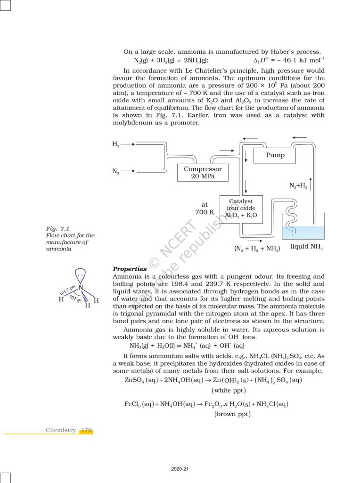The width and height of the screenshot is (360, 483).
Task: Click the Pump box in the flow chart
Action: coord(275,155)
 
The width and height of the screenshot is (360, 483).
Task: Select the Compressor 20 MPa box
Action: coord(203,173)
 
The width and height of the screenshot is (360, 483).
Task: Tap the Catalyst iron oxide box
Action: coord(241,208)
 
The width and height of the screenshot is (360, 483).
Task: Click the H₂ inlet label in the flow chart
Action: coord(116,144)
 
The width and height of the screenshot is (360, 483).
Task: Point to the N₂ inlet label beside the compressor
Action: coord(116,171)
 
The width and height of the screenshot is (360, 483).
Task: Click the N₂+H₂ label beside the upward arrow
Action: coord(298,186)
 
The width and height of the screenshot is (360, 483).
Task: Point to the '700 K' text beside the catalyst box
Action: coord(205,212)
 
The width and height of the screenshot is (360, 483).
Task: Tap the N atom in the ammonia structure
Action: coord(81,287)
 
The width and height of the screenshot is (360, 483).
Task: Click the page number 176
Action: coord(86,430)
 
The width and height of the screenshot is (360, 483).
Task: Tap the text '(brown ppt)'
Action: coord(232,414)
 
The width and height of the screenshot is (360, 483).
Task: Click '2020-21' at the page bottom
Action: coord(180,469)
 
